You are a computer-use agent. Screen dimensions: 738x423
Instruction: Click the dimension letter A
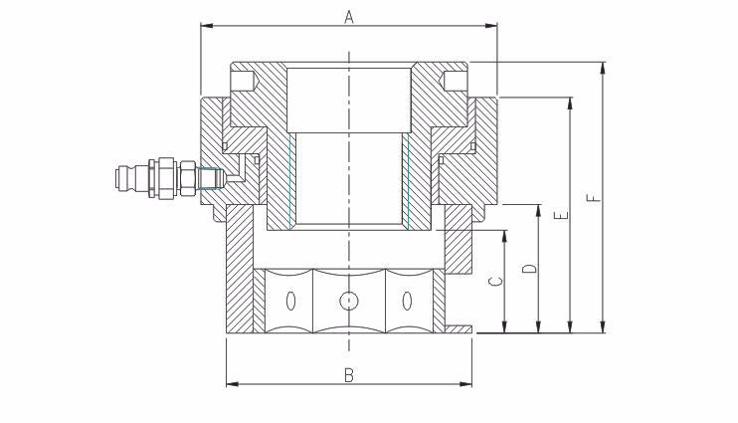pos(349,17)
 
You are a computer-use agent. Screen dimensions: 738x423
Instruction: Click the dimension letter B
pos(349,375)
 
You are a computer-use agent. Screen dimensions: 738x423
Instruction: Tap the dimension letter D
pos(530,269)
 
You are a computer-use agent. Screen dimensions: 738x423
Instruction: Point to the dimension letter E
pos(562,216)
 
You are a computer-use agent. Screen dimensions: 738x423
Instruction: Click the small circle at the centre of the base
pos(349,301)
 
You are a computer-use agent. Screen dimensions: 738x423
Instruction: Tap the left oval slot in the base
pos(291,301)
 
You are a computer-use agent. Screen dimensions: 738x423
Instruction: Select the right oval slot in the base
pos(407,301)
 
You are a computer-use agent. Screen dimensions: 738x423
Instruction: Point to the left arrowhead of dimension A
pos(205,26)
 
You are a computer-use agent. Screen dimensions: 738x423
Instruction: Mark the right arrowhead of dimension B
pos(467,384)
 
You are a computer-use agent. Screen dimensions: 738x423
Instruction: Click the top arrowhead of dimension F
pos(603,67)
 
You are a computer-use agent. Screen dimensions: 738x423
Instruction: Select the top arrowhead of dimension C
pos(505,235)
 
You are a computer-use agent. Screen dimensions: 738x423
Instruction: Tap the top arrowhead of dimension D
pos(539,210)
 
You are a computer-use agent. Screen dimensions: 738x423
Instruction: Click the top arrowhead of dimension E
pos(571,103)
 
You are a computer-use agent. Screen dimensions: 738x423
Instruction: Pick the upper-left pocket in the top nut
pos(243,82)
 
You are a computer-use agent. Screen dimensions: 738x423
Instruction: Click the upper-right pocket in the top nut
pos(455,82)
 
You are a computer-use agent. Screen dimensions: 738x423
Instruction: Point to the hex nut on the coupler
pos(188,178)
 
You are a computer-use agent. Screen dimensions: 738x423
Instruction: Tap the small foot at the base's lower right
pos(458,328)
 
